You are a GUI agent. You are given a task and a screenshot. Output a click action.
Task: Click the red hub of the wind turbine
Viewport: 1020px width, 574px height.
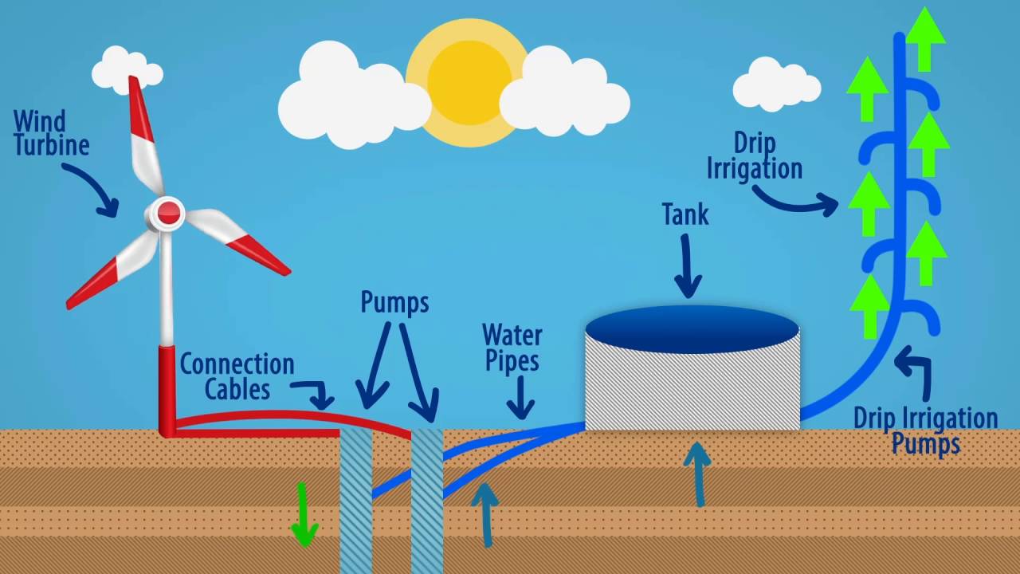[x=169, y=213]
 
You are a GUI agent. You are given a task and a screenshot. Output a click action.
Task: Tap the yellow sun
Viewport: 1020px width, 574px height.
[x=469, y=80]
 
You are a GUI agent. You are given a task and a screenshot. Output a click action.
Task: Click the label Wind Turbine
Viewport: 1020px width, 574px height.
[x=51, y=133]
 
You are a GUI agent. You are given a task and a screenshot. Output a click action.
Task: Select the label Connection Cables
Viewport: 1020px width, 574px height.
[x=237, y=376]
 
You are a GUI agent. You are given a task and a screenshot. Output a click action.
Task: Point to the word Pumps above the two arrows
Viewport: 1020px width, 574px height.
[x=394, y=302]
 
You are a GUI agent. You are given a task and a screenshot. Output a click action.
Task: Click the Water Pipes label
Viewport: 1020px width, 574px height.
[x=512, y=348]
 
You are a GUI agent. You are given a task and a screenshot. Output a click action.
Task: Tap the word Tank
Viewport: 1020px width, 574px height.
[x=685, y=214]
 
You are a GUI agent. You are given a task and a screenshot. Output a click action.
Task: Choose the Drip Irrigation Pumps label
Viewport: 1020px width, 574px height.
[x=925, y=431]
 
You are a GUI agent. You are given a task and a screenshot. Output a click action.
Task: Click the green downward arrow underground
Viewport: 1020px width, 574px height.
[x=304, y=514]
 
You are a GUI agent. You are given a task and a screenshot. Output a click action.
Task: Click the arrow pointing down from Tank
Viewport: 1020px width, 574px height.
[x=687, y=266]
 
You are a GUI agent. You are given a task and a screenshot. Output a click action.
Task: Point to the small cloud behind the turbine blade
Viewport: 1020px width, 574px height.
[x=126, y=69]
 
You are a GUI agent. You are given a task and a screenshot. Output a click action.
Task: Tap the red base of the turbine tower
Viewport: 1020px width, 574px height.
[x=167, y=391]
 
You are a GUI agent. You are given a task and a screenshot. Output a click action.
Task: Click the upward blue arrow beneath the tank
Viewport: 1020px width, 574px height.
[x=698, y=474]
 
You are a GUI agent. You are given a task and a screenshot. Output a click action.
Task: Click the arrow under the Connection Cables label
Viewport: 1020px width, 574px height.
[x=317, y=392]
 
